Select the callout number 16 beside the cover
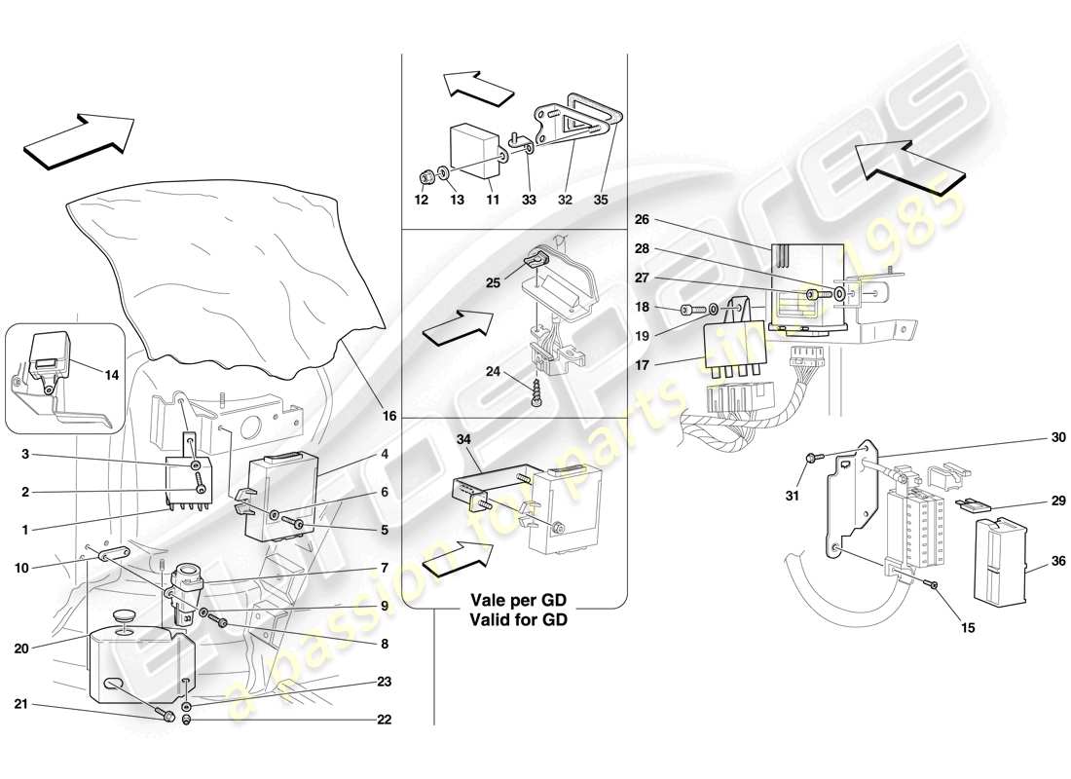pyautogui.click(x=390, y=417)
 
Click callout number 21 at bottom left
pyautogui.click(x=21, y=703)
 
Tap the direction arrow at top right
pyautogui.click(x=910, y=162)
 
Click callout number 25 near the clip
pyautogui.click(x=493, y=282)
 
